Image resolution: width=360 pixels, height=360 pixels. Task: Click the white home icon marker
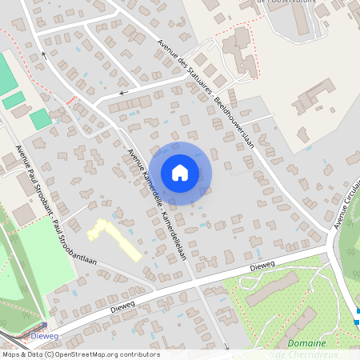click(x=180, y=173)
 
